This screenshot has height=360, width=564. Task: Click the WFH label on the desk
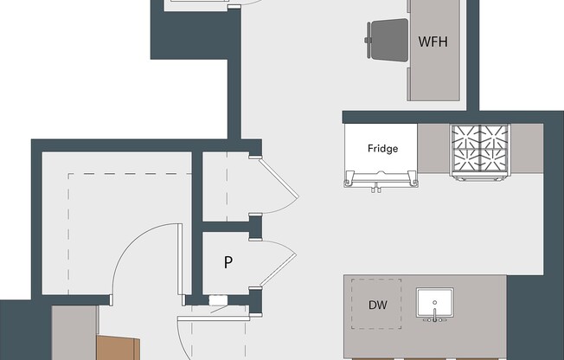point(433,42)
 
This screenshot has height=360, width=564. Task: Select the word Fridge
point(382,148)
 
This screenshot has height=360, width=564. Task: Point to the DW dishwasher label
point(377,305)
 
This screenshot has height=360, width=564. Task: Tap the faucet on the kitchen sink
point(433,318)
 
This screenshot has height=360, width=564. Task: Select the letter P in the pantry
point(228,262)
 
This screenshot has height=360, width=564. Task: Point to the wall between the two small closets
point(227,227)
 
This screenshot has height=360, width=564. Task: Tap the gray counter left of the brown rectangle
point(74,333)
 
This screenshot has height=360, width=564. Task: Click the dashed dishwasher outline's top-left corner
point(351,280)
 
